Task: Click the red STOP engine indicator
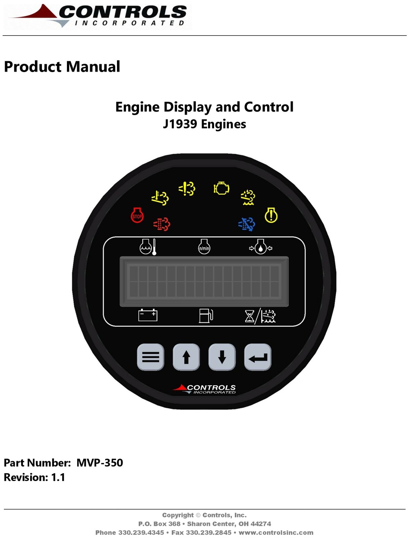click(137, 216)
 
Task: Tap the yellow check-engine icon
click(221, 188)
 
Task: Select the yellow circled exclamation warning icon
click(271, 215)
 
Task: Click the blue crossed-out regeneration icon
click(247, 223)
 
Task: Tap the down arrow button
click(222, 357)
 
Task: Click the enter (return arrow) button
click(258, 357)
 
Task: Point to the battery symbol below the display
click(148, 316)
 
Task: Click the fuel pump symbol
click(205, 316)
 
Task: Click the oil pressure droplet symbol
click(260, 247)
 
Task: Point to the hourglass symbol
click(250, 316)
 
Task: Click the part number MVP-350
click(100, 463)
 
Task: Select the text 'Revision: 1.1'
click(35, 477)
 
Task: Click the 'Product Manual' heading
click(62, 67)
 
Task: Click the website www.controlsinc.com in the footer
click(276, 532)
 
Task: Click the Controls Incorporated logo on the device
click(205, 389)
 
